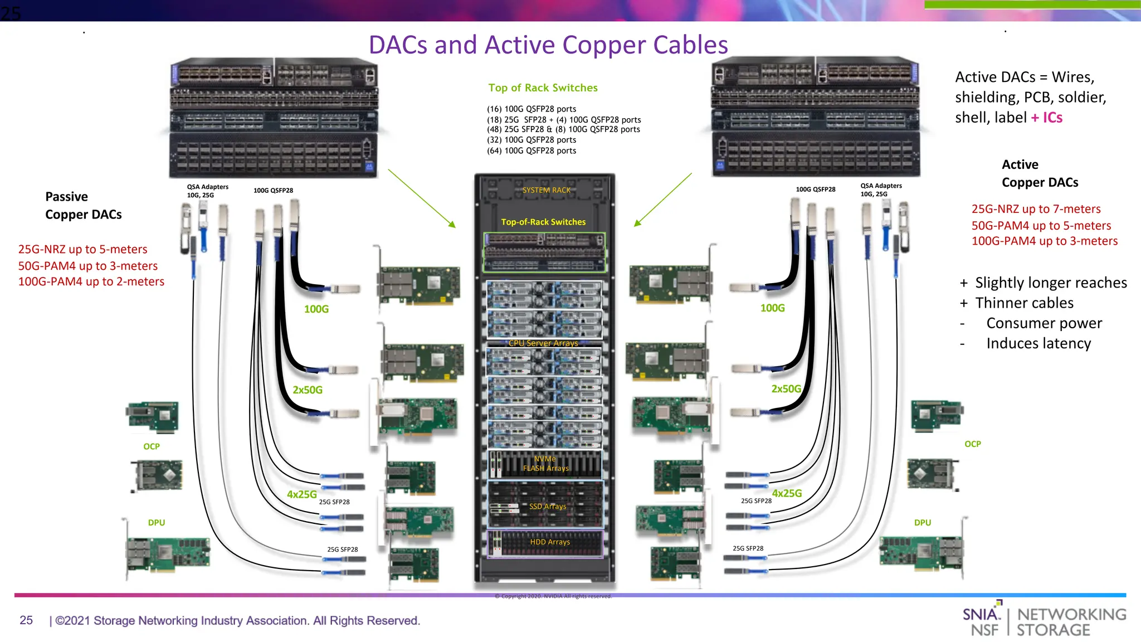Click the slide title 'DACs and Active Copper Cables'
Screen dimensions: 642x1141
[548, 45]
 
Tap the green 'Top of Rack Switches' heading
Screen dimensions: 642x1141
[543, 87]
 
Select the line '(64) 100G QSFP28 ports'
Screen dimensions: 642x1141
[532, 150]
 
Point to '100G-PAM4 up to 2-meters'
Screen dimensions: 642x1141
[91, 281]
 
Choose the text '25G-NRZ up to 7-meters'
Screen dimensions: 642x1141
[1036, 209]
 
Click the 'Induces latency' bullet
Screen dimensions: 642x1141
[1038, 343]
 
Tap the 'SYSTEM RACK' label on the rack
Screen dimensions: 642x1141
[546, 190]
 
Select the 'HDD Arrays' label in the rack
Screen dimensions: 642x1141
[549, 542]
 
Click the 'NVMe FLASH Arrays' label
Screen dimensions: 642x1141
[545, 464]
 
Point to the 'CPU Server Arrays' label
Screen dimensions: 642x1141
[543, 343]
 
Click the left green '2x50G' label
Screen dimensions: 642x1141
[308, 390]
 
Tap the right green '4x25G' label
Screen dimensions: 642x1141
[787, 493]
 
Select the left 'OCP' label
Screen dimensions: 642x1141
[152, 446]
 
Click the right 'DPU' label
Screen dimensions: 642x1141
[923, 523]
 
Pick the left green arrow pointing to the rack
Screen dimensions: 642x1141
[422, 198]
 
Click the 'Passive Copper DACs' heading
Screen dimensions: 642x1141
[83, 206]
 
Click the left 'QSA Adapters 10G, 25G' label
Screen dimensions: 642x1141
[207, 191]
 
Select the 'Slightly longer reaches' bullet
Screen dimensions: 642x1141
[1050, 283]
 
